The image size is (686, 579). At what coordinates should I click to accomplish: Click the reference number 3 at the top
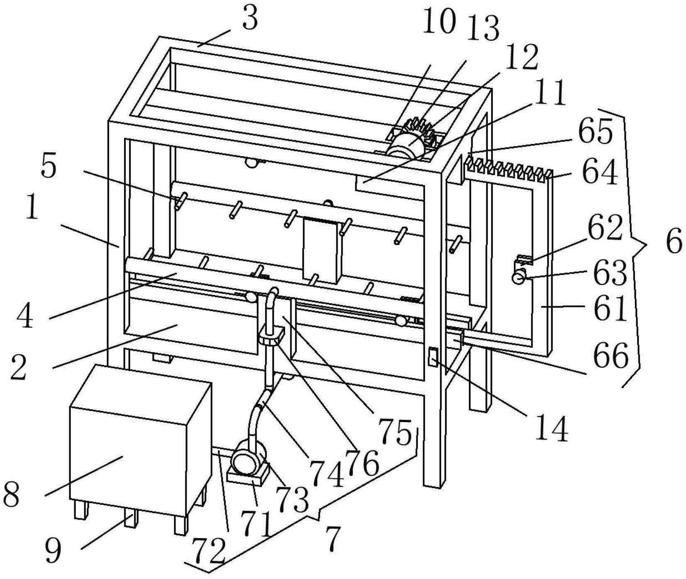250,19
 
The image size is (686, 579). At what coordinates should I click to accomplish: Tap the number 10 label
439,22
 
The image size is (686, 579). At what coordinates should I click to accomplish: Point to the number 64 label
600,173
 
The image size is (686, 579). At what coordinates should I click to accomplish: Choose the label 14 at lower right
551,430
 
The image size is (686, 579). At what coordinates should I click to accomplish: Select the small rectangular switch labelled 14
433,356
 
